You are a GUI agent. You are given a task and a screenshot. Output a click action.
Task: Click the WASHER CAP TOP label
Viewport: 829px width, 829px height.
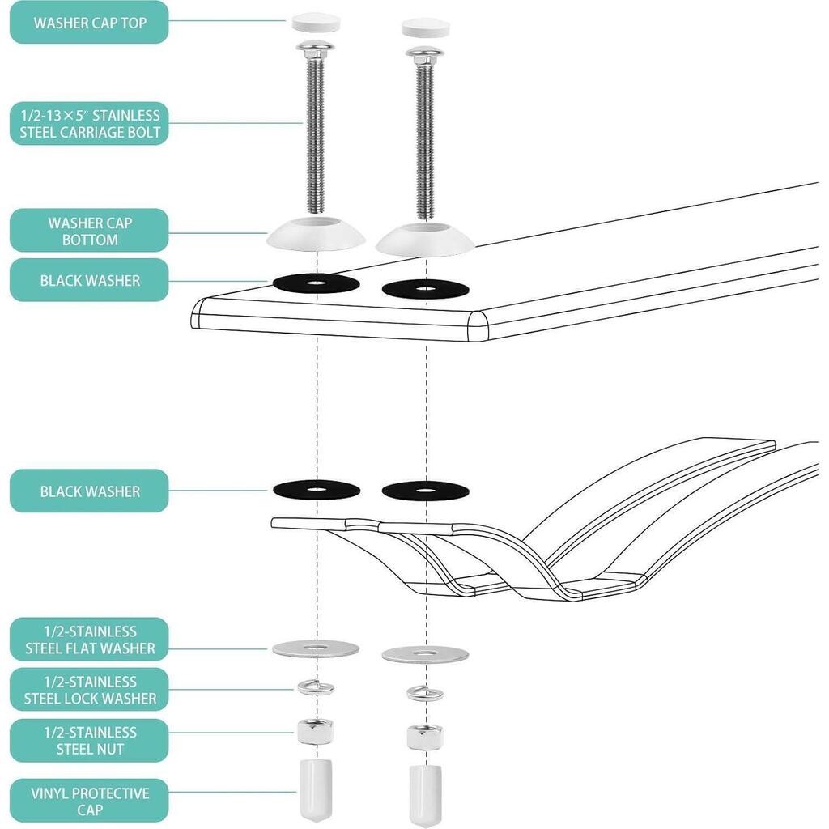89,22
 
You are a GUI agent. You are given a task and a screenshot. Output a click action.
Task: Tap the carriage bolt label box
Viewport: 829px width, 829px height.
89,124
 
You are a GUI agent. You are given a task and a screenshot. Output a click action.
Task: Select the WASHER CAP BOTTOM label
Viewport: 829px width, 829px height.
89,231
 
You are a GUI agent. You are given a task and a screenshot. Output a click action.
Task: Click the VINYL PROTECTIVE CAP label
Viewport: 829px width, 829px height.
89,801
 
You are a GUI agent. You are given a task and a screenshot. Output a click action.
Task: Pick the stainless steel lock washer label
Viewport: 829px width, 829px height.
89,690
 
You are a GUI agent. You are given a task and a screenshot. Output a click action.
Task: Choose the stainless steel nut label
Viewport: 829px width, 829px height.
89,740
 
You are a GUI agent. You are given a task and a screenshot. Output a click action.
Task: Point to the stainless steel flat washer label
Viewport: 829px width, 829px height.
89,640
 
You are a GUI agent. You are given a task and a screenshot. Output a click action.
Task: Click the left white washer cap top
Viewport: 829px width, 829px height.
317,22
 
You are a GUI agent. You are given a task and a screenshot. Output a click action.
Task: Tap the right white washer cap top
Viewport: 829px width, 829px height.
426,28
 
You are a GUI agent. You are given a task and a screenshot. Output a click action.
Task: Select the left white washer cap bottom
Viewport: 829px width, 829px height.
317,232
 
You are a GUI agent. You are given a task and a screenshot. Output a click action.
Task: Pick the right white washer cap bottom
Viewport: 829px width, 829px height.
425,239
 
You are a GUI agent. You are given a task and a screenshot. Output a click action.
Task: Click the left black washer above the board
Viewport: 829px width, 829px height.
317,283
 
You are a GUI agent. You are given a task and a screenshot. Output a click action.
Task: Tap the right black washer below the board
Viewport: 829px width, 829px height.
425,491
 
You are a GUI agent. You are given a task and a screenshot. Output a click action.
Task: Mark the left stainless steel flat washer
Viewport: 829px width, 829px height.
317,648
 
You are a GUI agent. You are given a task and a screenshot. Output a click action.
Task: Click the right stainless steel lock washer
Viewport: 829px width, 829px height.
425,693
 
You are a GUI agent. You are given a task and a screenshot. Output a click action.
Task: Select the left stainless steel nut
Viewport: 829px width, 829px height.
316,731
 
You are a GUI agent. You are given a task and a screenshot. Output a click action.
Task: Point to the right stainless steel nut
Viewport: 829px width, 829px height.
425,738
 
